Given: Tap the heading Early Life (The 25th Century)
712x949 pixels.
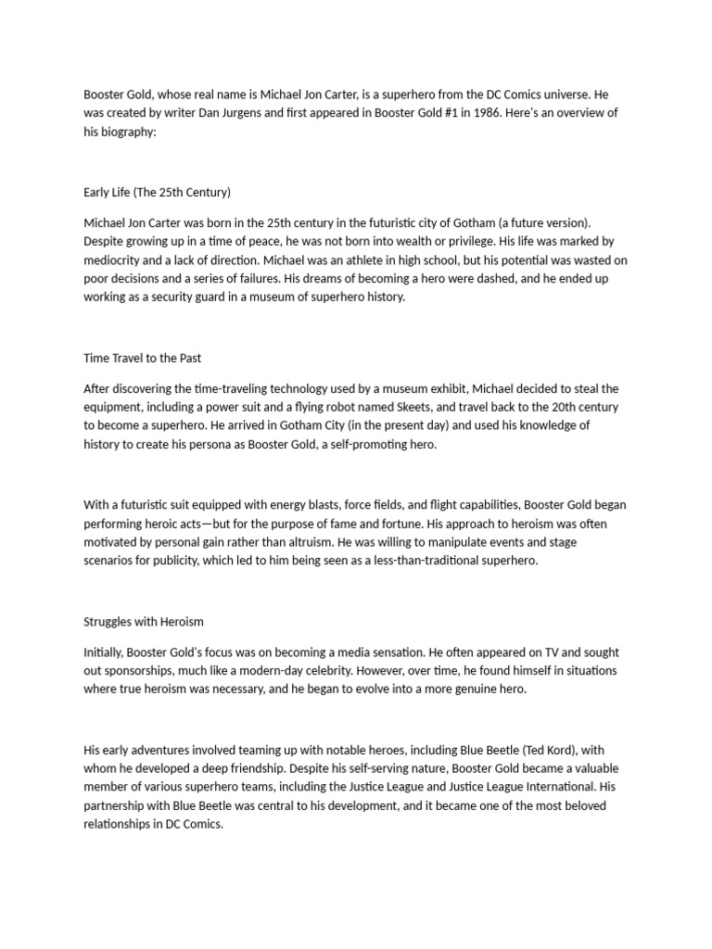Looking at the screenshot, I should (x=157, y=193).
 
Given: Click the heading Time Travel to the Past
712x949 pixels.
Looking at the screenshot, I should (x=142, y=358).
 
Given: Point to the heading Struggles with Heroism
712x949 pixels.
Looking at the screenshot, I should (x=144, y=622).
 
